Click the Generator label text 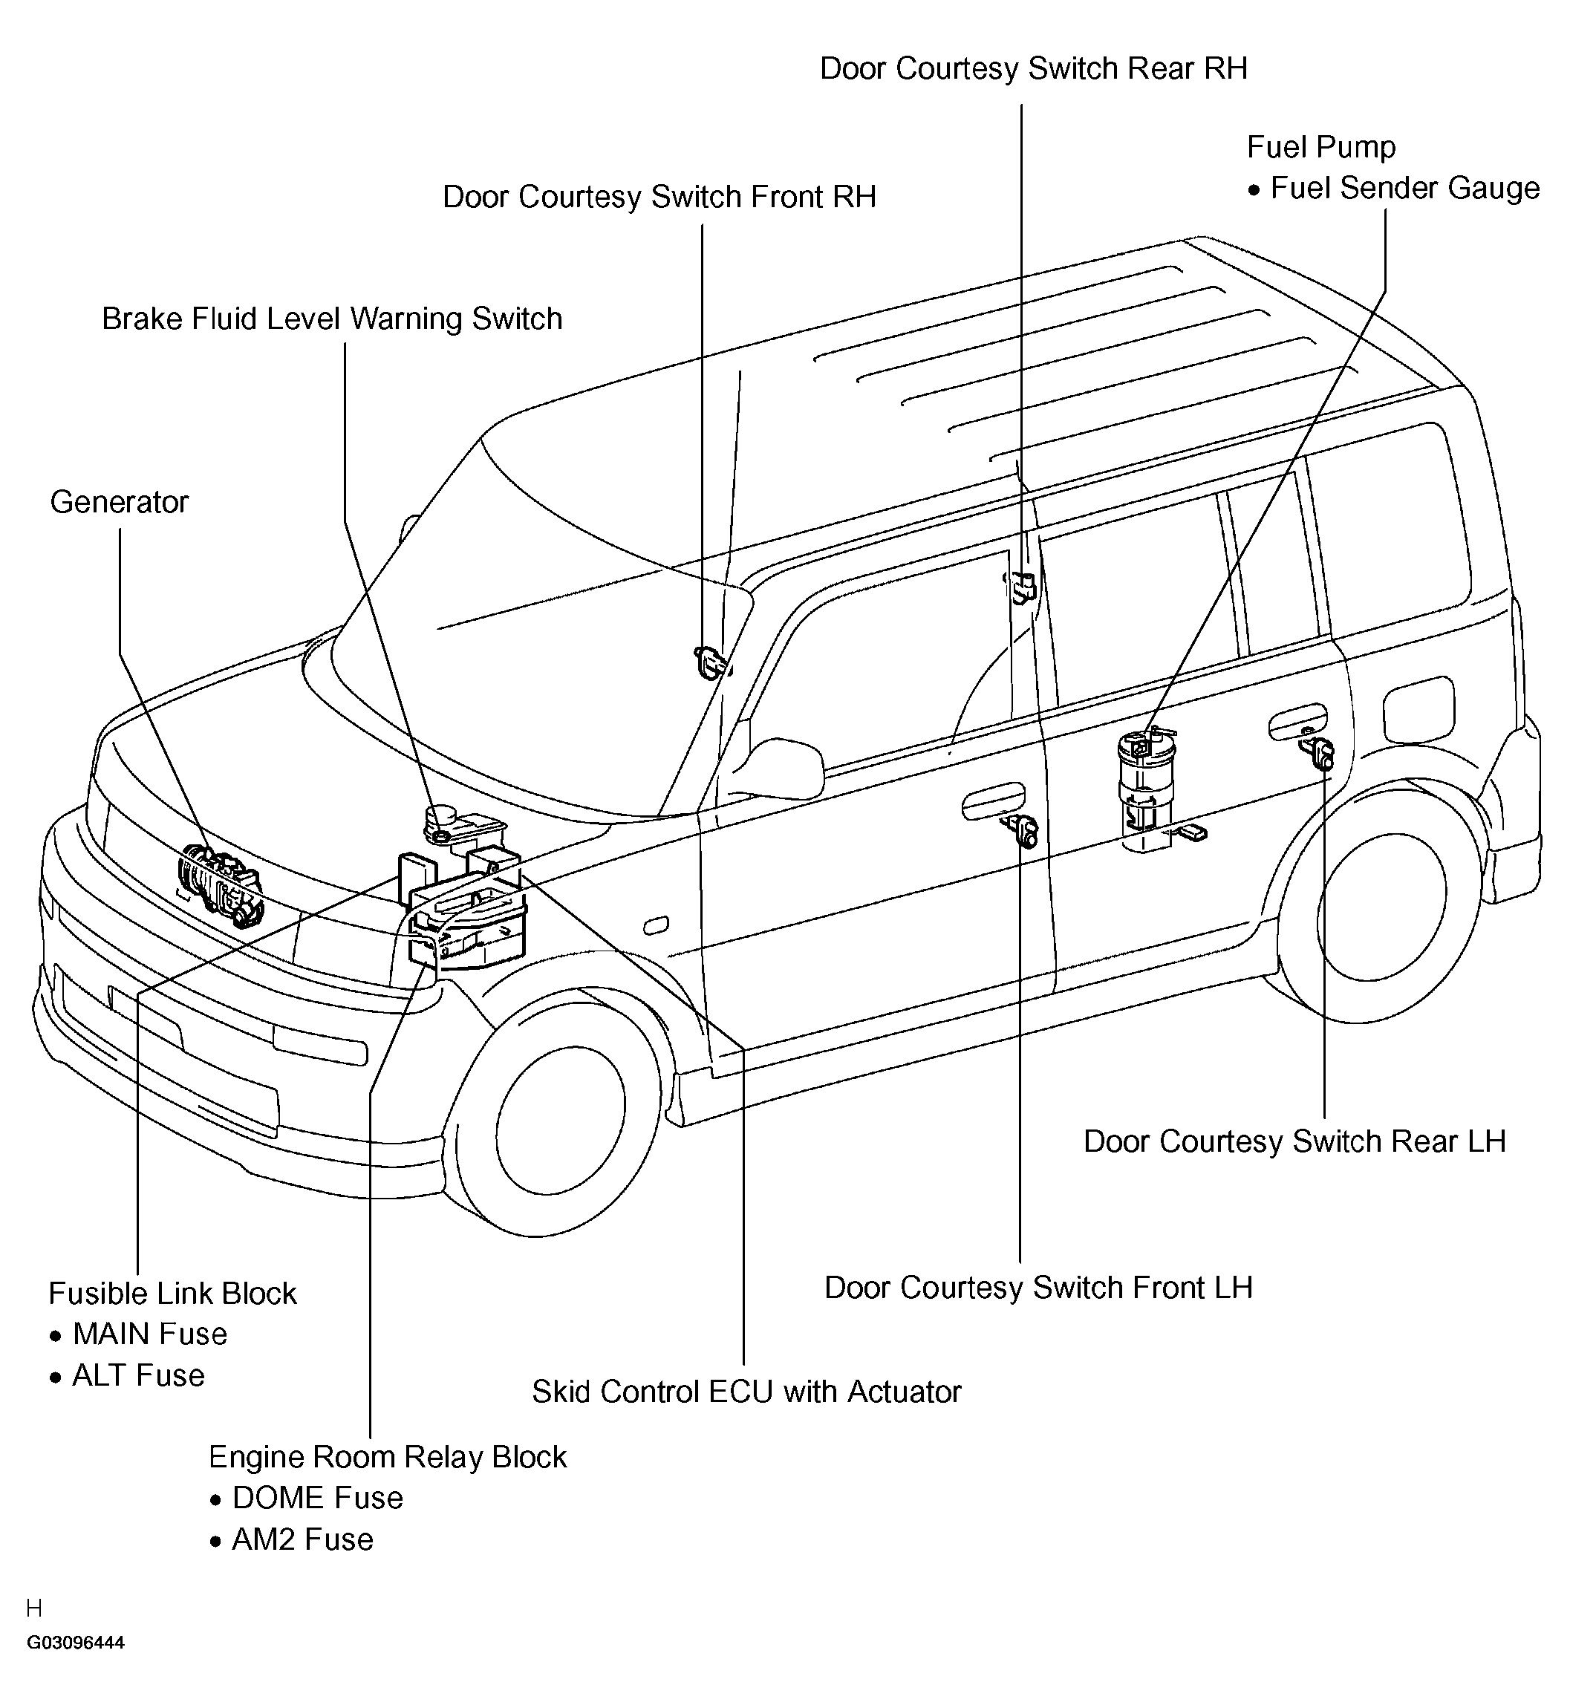(119, 502)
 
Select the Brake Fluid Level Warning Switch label (332, 319)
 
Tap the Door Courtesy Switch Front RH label (659, 196)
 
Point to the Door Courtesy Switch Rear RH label (1033, 69)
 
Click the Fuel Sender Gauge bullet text (1404, 188)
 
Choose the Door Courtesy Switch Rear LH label (1294, 1141)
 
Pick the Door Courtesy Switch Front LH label (1038, 1287)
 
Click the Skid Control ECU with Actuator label (746, 1392)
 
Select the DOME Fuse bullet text (317, 1498)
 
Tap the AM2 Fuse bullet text (302, 1539)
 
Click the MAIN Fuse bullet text (149, 1334)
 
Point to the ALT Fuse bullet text (138, 1375)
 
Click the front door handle (993, 800)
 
